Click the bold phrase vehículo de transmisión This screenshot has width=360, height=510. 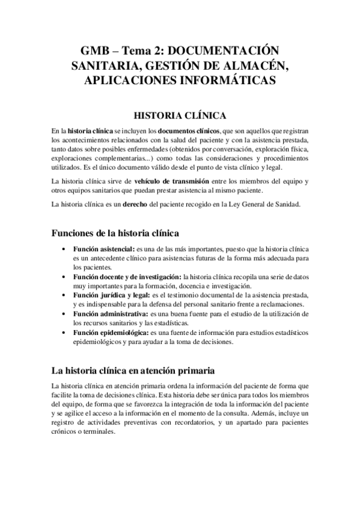[x=172, y=181]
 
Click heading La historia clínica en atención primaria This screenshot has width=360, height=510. [x=133, y=370]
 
